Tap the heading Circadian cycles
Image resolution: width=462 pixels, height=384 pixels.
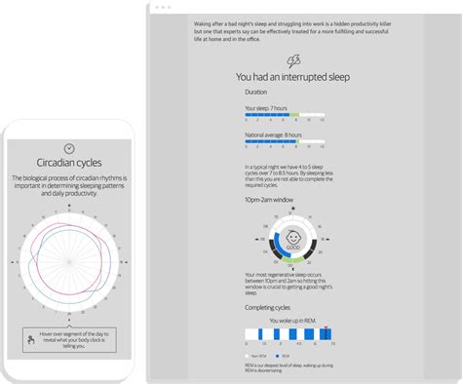(x=68, y=162)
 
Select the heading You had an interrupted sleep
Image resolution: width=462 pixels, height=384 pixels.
(x=293, y=77)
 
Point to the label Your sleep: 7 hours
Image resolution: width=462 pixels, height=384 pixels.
(x=267, y=107)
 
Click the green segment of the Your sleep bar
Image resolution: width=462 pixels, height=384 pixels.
(x=296, y=115)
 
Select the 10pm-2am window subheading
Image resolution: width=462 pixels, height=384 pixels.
(x=269, y=200)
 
